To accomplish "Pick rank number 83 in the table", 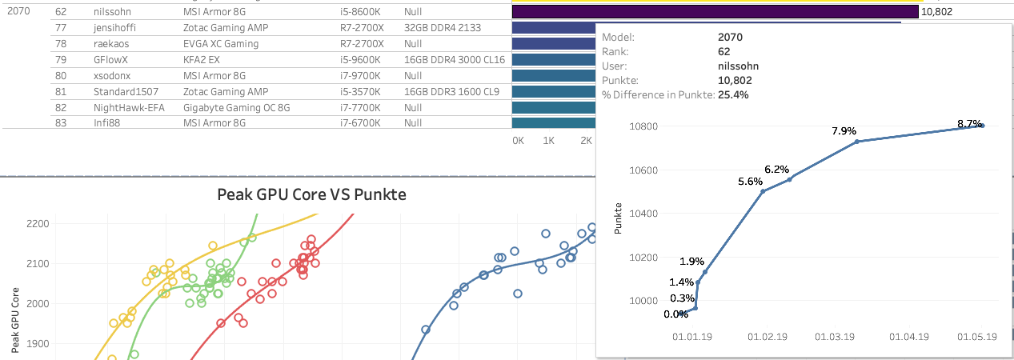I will click(x=61, y=123).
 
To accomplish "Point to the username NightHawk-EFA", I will click(x=129, y=107).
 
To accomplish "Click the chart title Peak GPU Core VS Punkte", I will click(x=312, y=194).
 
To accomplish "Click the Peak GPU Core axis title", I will click(x=16, y=321).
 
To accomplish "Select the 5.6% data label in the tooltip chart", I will click(x=751, y=182).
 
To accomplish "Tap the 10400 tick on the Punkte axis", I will click(x=644, y=214).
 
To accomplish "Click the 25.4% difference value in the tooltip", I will click(x=734, y=94).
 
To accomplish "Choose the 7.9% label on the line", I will click(x=844, y=131).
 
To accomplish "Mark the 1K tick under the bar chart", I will click(x=548, y=140).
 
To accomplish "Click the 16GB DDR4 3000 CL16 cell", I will click(x=454, y=59).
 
